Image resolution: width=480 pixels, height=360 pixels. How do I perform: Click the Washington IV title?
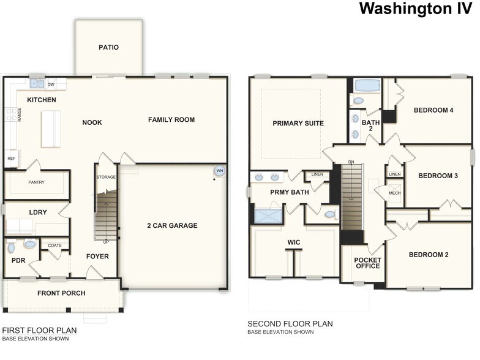(416, 9)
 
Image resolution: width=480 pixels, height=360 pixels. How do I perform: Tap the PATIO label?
(108, 47)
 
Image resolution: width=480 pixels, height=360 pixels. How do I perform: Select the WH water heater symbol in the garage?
(219, 170)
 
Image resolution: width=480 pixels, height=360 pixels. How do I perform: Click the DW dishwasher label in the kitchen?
(51, 84)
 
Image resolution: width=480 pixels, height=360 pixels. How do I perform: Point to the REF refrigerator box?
(11, 159)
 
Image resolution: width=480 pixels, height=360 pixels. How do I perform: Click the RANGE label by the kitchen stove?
(20, 114)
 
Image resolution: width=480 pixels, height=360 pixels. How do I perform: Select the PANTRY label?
(37, 182)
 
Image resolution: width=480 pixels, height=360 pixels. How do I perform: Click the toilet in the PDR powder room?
(11, 248)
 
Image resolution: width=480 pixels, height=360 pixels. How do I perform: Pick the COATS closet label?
(54, 246)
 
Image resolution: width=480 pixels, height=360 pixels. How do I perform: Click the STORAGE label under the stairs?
(106, 177)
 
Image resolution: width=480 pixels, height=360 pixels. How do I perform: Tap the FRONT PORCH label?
(61, 293)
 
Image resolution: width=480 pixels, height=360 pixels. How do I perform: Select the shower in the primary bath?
(267, 216)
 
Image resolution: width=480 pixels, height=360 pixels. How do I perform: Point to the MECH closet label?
(395, 193)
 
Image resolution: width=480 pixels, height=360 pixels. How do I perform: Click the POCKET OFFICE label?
(367, 263)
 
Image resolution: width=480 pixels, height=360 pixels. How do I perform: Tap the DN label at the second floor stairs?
(351, 162)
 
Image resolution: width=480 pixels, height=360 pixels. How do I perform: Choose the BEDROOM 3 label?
(438, 176)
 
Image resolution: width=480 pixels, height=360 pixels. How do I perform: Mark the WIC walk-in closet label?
(293, 242)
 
